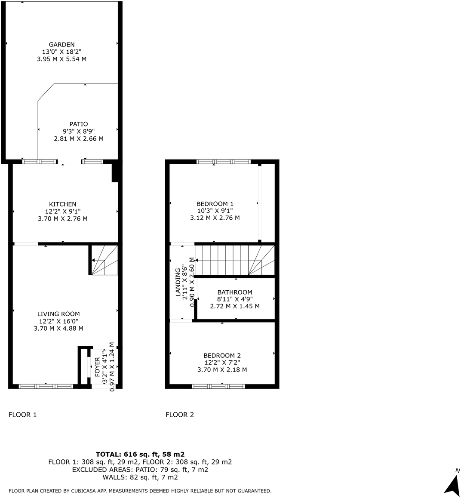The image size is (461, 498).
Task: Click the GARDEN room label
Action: point(61,44)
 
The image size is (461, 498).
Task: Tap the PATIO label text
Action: point(79,124)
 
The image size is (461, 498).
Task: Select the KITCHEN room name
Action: point(63,204)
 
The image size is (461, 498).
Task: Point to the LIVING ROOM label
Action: point(58,314)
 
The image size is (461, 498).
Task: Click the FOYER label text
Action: point(97,366)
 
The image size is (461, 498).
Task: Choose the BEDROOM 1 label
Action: point(215,204)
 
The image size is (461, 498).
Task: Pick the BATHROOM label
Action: point(235,292)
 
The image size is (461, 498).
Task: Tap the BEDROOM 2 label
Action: point(222,356)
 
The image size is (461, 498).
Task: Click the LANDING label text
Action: point(178,282)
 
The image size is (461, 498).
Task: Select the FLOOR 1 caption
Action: point(23,415)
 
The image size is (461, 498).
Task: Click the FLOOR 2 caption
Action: point(180,415)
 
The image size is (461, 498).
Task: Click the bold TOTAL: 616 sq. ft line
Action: point(140,454)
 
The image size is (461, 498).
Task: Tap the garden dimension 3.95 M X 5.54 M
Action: point(61,59)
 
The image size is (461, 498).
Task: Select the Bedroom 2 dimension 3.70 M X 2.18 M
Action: point(222,370)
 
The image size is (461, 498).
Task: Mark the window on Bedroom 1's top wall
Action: point(223,162)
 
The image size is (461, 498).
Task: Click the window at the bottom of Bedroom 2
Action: point(218,386)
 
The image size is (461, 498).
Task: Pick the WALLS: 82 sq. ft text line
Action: point(140,477)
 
